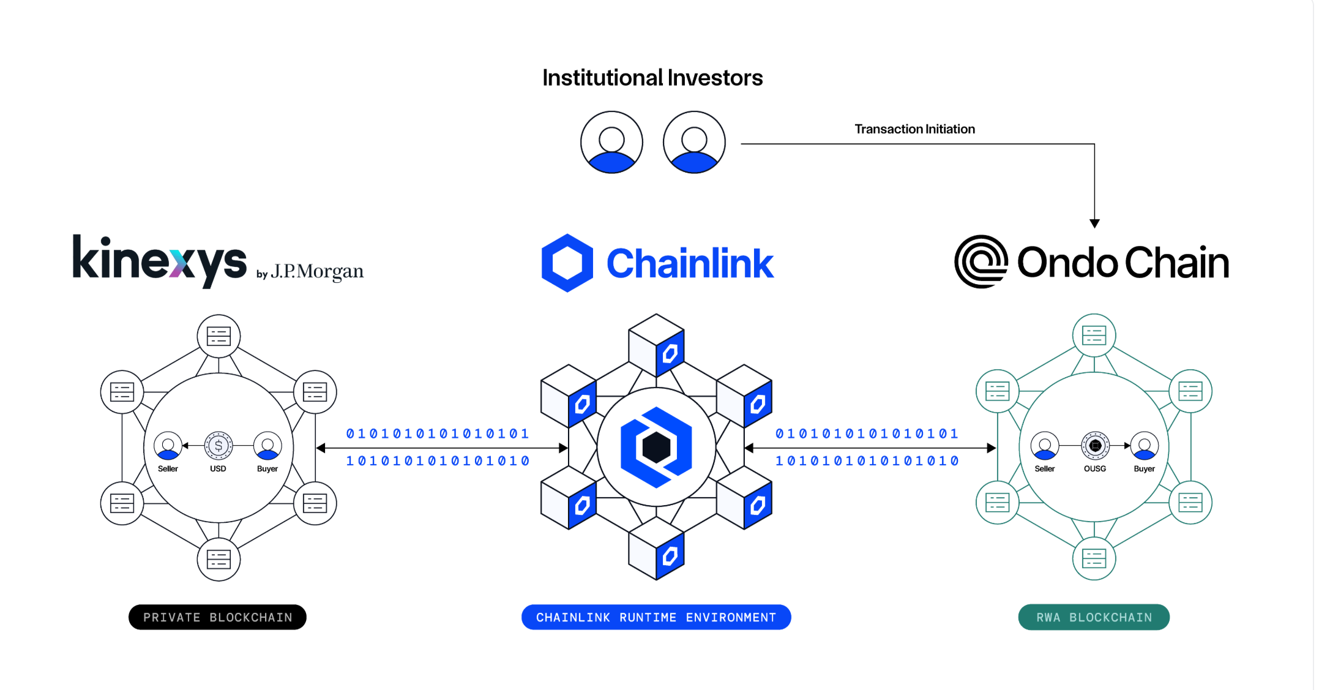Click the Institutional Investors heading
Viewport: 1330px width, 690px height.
[652, 78]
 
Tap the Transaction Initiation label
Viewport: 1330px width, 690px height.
[914, 129]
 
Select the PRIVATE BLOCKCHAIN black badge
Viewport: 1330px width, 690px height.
[217, 617]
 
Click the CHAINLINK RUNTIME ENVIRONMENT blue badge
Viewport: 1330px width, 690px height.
[656, 617]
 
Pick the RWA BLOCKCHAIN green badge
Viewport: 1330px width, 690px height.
[1094, 617]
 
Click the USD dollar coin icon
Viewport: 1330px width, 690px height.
[219, 446]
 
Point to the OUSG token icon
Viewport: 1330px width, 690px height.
[1095, 446]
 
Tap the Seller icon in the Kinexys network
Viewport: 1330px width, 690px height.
[168, 446]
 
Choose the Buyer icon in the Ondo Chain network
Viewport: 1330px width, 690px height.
[1144, 446]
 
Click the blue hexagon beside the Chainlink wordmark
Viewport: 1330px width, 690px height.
[567, 263]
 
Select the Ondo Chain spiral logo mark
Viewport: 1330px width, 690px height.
[981, 261]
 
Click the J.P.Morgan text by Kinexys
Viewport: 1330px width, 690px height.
[316, 271]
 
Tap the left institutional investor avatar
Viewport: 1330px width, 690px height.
[611, 142]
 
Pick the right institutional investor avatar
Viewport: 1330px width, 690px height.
[694, 142]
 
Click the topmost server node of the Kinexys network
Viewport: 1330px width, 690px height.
[219, 336]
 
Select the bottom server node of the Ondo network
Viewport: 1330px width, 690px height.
[1094, 558]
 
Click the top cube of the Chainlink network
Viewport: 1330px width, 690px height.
[656, 345]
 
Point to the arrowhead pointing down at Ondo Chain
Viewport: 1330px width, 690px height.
[1094, 223]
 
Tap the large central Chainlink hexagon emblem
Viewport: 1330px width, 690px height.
[656, 448]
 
